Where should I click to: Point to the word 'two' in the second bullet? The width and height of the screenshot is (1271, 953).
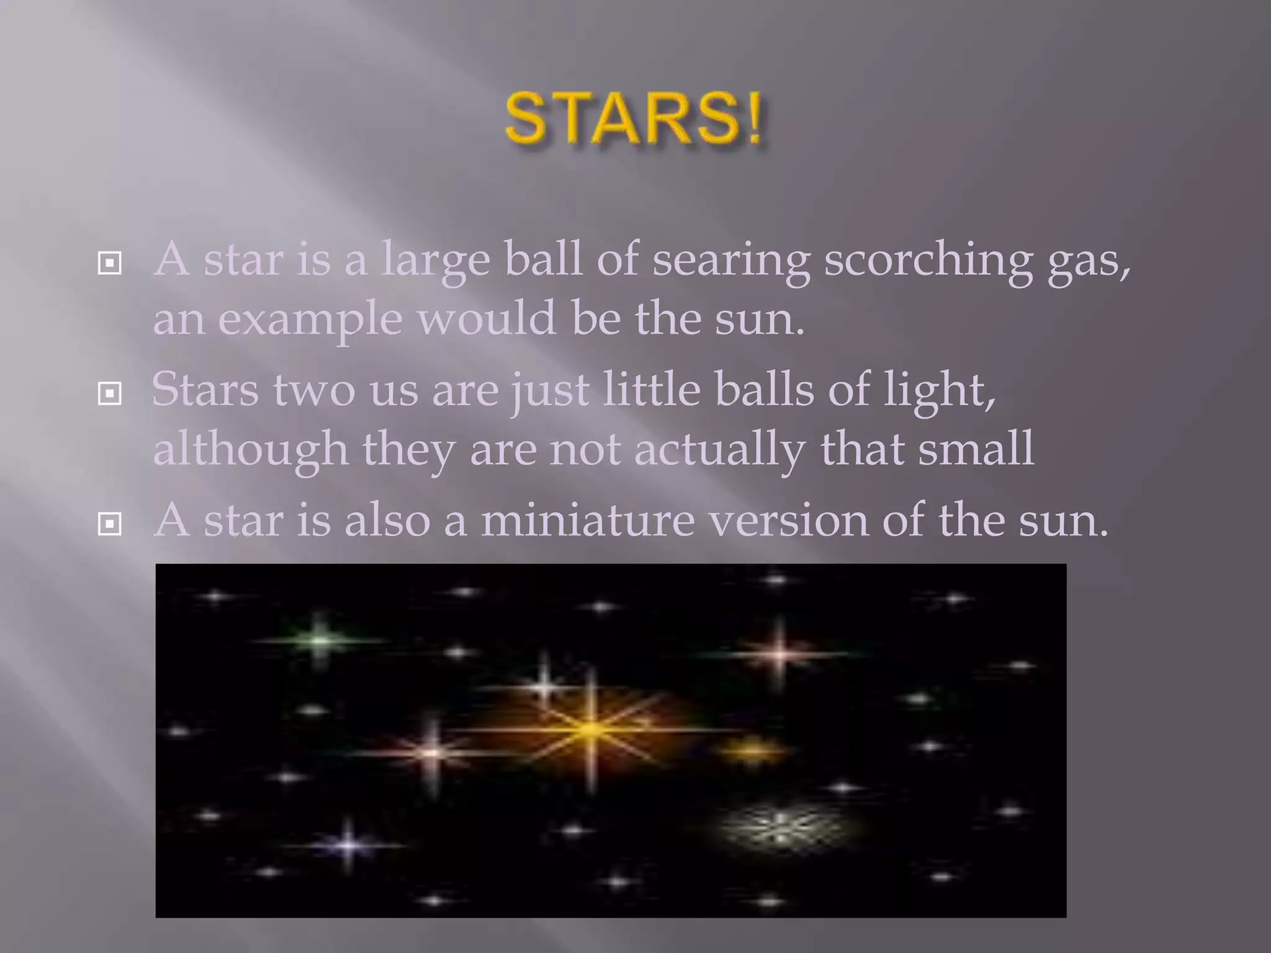point(313,390)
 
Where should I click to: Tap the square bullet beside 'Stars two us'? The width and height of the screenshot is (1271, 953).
point(110,393)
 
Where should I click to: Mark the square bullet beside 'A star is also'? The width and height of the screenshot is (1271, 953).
point(110,525)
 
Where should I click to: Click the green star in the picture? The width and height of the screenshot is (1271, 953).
point(319,639)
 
